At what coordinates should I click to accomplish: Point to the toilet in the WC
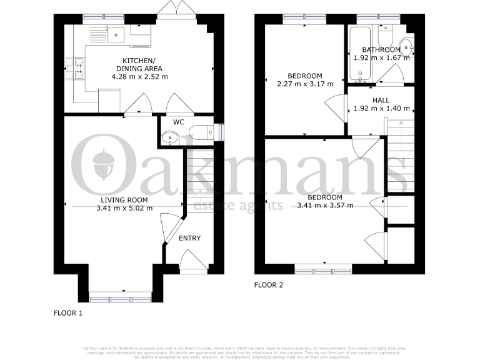pos(201,132)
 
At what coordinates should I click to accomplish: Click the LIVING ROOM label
pos(123,200)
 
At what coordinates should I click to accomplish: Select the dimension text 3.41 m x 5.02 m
pos(124,208)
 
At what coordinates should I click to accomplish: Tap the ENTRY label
pos(190,238)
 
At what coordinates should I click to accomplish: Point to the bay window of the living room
pos(119,292)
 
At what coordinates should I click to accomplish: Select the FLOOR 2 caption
pos(269,285)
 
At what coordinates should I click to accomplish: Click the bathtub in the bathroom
pos(360,54)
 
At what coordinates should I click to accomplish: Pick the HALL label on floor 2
pos(381,100)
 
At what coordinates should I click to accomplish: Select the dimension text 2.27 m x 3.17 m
pos(306,83)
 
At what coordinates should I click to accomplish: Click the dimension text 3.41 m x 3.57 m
pos(325,205)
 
